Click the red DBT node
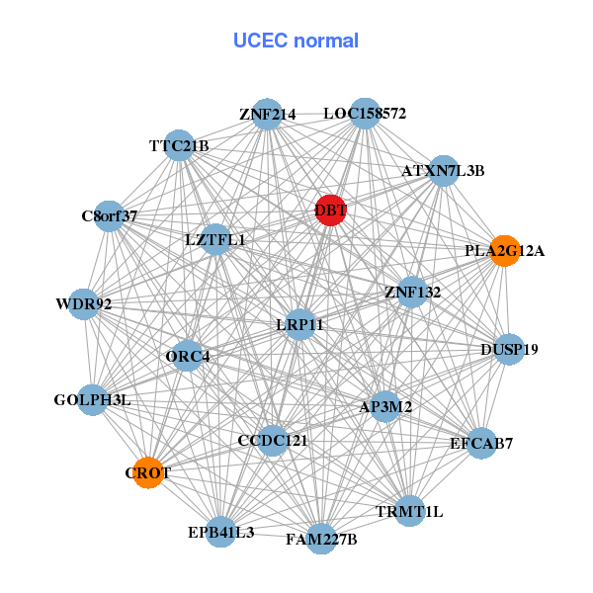pos(330,210)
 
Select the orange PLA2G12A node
pos(504,250)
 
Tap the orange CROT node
pos(148,472)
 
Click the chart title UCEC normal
pos(296,41)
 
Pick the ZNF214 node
pos(267,114)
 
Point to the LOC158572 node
pos(365,114)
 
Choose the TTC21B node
pos(179,146)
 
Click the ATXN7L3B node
pos(443,170)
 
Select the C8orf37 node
pos(109,215)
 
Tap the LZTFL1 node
pos(215,239)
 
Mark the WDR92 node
pos(83,303)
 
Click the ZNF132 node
pos(412,292)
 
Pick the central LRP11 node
pos(299,323)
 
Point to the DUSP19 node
pos(509,349)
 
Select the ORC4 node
pos(188,356)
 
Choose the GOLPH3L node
pos(92,400)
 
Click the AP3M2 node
pos(385,406)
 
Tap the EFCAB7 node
pos(480,443)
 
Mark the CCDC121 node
pos(273,440)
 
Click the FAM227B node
pos(321,539)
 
